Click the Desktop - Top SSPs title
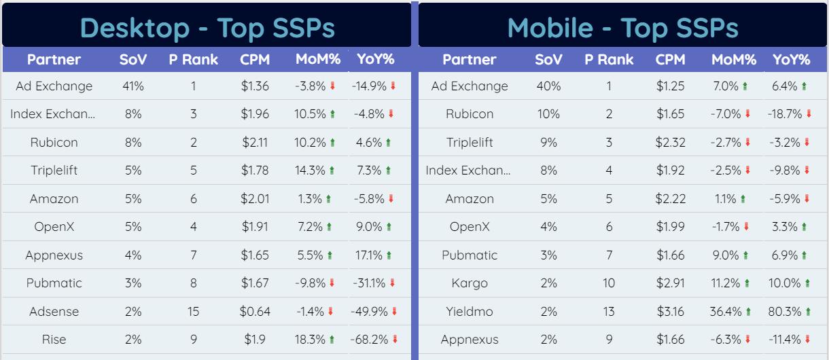point(207,28)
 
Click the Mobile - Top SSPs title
point(622,28)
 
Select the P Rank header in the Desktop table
point(194,59)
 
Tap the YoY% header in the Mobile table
point(792,59)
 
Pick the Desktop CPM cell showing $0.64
point(255,312)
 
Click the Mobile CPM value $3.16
point(670,312)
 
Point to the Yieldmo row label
point(470,312)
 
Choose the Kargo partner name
point(470,283)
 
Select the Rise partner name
point(54,340)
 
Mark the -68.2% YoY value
point(370,340)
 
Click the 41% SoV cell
point(133,86)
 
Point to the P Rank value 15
point(194,312)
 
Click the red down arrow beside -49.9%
point(394,312)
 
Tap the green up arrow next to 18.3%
point(332,340)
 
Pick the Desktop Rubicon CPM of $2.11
point(255,143)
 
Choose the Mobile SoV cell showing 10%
point(548,114)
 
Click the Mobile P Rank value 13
point(609,312)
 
